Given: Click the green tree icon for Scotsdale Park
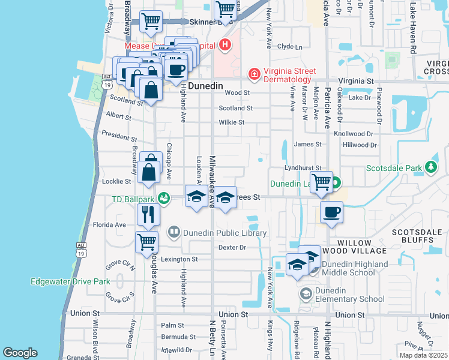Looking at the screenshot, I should point(430,166).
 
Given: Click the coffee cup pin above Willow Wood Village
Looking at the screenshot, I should point(331,211).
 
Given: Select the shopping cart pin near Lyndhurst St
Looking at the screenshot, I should point(322,181).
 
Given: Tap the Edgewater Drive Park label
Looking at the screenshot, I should point(70,281).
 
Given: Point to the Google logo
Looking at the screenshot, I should point(20,352).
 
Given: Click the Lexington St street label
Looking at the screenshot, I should point(182,259).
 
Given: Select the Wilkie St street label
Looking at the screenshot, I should point(231,122).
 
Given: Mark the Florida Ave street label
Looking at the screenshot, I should point(109,225).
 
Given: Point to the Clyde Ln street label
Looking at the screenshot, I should point(289,46).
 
